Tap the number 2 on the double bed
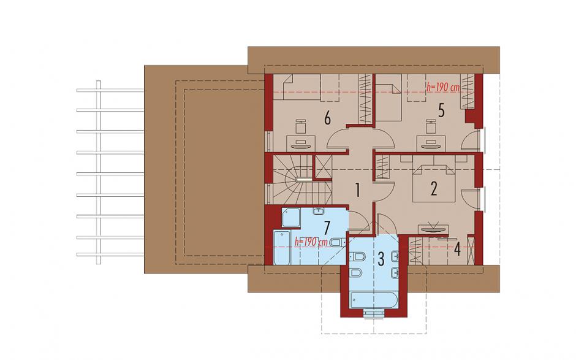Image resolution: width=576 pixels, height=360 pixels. tap(434, 189)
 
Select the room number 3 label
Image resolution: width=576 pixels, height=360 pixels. tap(381, 259)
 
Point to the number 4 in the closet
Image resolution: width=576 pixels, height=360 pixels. tap(457, 249)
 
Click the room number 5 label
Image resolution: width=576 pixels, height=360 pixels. tap(441, 110)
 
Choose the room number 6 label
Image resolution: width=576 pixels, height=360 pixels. tap(327, 118)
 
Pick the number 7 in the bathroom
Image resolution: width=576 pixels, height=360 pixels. tap(327, 227)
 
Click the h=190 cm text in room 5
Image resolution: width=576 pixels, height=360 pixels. tap(443, 87)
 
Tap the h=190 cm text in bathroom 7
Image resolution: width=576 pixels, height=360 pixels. tap(311, 242)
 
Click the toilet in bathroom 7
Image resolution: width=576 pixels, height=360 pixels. tap(338, 242)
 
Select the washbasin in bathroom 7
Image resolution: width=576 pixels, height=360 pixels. tap(318, 211)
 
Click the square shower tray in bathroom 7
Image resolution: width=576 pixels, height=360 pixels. tap(291, 217)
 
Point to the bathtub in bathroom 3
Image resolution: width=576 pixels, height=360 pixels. tap(373, 300)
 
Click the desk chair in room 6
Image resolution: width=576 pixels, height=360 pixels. tap(301, 126)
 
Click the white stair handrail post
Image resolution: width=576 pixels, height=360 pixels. tap(304, 180)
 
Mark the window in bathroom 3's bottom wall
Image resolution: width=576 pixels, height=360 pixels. tap(374, 313)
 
